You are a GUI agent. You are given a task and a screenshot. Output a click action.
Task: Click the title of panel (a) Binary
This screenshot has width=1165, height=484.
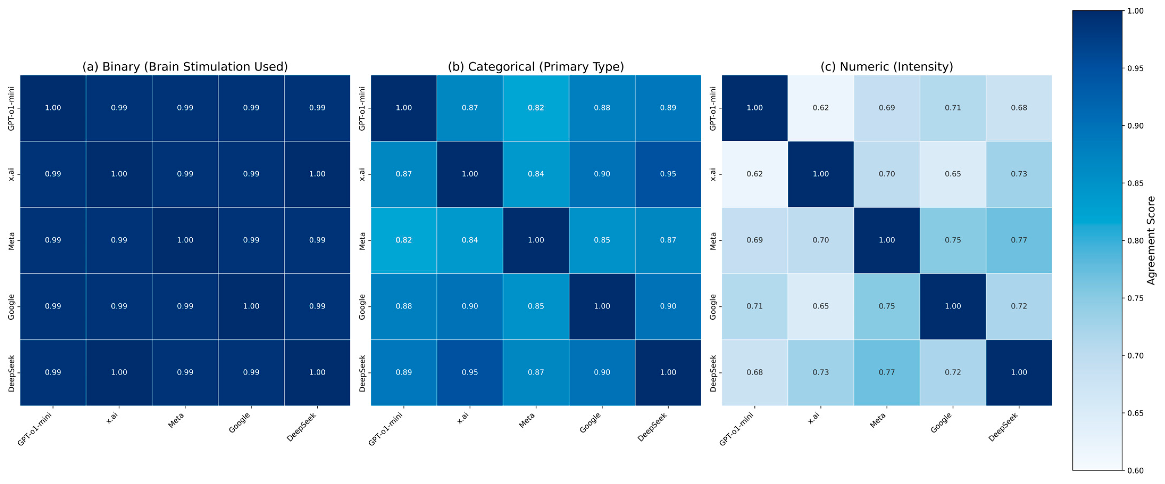tap(185, 67)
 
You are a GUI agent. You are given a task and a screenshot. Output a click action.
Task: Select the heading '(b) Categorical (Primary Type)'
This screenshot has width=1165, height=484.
tap(536, 67)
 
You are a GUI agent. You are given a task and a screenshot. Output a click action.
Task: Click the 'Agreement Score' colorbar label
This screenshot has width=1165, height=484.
tap(1151, 241)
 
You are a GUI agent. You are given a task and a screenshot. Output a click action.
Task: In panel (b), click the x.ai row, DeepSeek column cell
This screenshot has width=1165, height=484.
tap(668, 174)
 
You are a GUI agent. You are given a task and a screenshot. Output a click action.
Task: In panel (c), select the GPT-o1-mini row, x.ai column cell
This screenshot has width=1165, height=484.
tap(821, 108)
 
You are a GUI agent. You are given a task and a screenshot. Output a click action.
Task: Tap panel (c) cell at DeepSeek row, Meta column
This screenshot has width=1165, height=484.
tap(887, 372)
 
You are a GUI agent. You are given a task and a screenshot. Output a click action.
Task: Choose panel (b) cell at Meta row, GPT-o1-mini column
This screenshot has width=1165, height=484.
tap(404, 240)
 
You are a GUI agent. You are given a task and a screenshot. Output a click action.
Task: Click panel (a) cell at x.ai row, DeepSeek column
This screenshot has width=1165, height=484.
tap(317, 174)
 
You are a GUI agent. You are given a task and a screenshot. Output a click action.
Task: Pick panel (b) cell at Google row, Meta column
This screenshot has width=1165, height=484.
tap(536, 306)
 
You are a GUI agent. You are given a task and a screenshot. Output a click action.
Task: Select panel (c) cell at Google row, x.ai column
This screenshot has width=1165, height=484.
tap(821, 306)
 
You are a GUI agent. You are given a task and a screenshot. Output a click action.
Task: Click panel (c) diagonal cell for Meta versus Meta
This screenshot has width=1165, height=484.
tap(887, 240)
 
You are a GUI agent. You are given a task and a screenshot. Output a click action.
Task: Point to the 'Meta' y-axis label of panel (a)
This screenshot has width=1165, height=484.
tap(11, 241)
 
